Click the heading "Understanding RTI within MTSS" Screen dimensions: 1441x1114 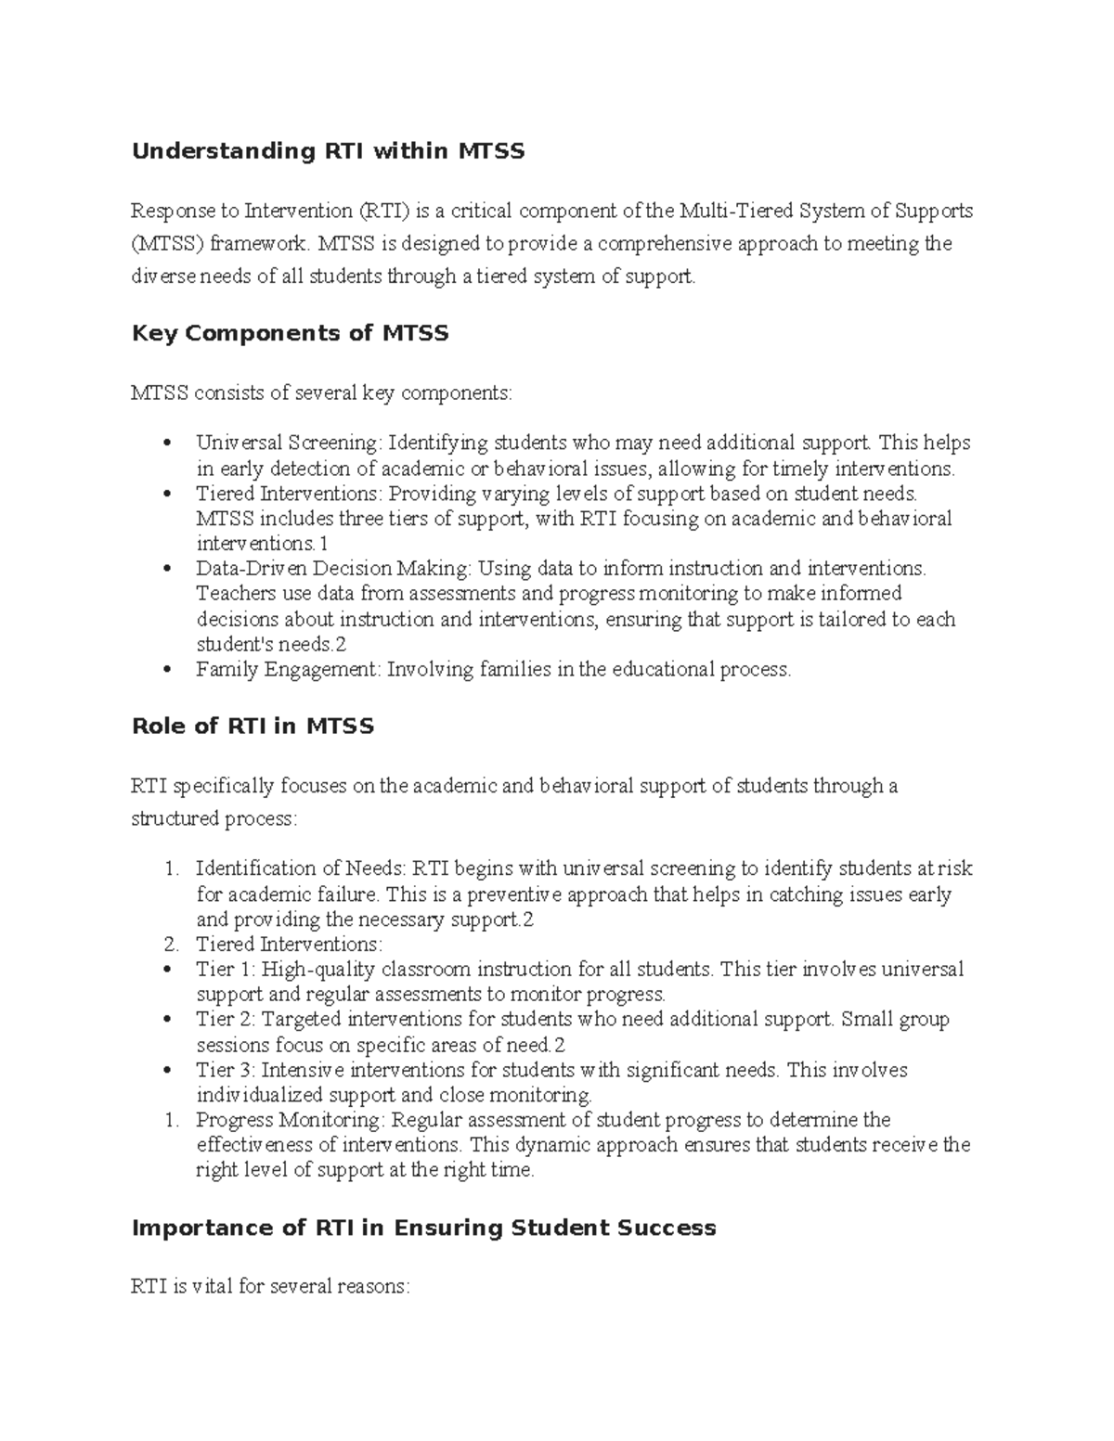click(x=328, y=151)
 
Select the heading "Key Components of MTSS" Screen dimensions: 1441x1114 click(x=291, y=333)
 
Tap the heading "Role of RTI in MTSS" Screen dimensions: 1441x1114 click(x=253, y=727)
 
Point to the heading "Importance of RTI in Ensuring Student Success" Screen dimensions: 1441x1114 click(x=423, y=1229)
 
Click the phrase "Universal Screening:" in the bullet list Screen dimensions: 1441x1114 click(x=289, y=443)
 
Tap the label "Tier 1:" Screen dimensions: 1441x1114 click(x=226, y=970)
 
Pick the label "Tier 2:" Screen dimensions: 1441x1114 click(x=226, y=1020)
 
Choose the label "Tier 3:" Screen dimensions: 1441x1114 click(x=226, y=1070)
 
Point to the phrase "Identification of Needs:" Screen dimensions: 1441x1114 click(x=301, y=869)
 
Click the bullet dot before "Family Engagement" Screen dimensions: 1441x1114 click(x=167, y=669)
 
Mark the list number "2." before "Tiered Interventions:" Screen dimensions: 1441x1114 click(x=170, y=945)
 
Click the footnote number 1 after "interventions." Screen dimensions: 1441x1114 click(x=322, y=544)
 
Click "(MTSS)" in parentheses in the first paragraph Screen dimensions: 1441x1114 click(x=167, y=244)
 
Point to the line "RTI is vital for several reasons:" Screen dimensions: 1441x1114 click(x=269, y=1287)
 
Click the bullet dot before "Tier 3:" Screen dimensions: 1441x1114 click(x=167, y=1070)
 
